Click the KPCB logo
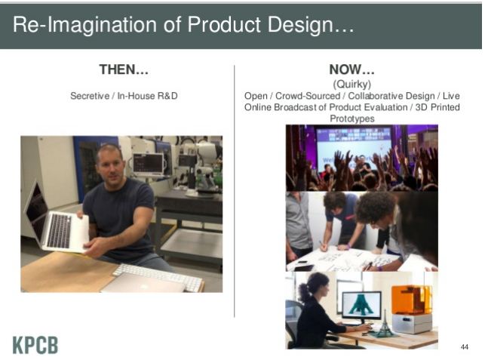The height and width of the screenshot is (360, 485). [35, 344]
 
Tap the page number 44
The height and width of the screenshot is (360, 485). [465, 346]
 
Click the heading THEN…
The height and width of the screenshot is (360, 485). [124, 69]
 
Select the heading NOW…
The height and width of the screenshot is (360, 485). [352, 69]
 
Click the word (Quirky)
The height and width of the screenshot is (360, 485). [352, 85]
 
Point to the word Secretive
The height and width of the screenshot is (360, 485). [90, 96]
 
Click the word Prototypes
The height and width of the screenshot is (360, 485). [352, 118]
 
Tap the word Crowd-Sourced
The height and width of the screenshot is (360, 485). [308, 96]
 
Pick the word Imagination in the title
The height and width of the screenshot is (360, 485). [102, 25]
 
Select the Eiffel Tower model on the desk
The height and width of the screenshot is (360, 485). [384, 324]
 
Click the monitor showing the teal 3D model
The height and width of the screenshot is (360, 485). [361, 306]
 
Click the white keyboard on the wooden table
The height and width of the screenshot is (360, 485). [157, 276]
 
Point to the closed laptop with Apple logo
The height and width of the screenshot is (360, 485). [143, 283]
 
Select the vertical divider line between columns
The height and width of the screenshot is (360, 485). [235, 191]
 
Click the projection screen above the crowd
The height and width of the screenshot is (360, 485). [354, 145]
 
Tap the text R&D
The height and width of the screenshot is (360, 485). [167, 96]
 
